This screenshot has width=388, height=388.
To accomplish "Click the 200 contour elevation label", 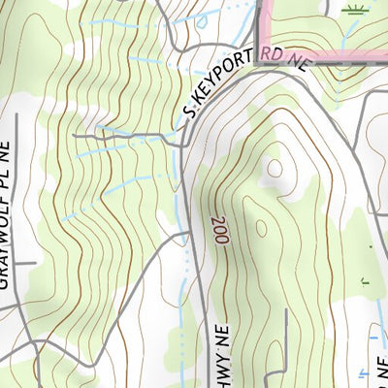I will point(216,230).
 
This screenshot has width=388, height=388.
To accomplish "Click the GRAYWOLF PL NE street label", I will point(11,210).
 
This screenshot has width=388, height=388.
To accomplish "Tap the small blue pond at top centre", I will point(126,2).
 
